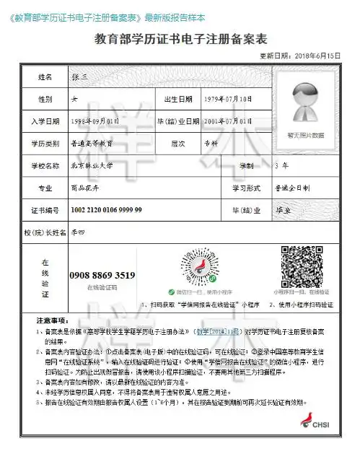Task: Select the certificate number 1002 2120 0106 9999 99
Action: [x=106, y=209]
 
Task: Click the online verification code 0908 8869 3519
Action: [x=102, y=275]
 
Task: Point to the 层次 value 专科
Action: [x=210, y=144]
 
